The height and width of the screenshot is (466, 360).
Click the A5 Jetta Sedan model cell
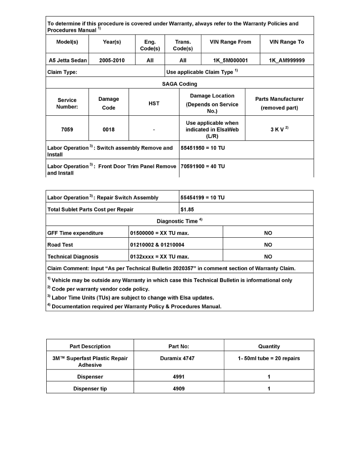(67, 60)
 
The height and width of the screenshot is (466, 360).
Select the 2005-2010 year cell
(112, 60)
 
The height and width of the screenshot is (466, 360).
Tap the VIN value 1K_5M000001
(230, 60)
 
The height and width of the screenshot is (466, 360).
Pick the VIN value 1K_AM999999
(287, 60)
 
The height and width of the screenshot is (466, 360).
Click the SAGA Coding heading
(180, 84)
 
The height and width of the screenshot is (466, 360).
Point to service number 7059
(67, 129)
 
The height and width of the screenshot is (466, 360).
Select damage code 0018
(109, 129)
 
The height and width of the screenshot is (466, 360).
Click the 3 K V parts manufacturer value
(278, 129)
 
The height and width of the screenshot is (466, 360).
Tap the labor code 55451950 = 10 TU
(203, 148)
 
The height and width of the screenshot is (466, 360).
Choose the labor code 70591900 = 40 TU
(203, 166)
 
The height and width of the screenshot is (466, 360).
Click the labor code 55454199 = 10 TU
(202, 198)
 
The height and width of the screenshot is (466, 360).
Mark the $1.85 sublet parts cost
(187, 209)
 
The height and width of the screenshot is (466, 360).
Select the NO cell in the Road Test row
(268, 245)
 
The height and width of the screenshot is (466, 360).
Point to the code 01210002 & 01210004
(157, 245)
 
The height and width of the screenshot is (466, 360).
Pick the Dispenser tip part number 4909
(178, 389)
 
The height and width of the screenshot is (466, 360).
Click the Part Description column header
(90, 346)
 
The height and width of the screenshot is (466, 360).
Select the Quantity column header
(269, 346)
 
